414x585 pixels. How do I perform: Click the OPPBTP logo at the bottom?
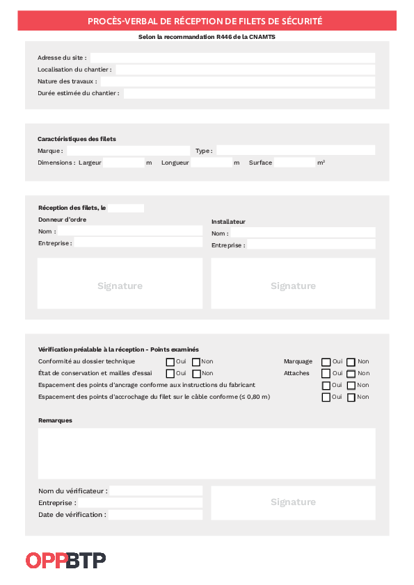[65, 560]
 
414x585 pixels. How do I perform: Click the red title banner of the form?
[207, 22]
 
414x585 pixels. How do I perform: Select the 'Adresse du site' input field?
[232, 58]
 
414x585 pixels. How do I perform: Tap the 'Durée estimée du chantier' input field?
[249, 93]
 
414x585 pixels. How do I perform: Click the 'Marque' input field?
[127, 150]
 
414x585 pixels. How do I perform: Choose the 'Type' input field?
[296, 150]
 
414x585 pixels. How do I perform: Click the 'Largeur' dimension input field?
[123, 163]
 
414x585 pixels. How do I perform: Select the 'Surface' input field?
[294, 163]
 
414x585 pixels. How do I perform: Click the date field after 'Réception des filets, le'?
[126, 208]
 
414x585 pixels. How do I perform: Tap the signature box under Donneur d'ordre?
[120, 284]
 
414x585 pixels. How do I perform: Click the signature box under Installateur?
[293, 284]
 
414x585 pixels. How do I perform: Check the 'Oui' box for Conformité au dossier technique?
[170, 362]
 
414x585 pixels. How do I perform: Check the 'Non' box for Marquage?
[351, 362]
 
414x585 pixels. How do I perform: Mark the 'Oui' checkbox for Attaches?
[326, 374]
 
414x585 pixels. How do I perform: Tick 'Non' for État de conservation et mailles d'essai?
[196, 374]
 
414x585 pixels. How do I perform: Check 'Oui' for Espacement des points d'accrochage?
[326, 397]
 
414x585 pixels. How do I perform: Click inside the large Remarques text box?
[207, 453]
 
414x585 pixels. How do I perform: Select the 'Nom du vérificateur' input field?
[156, 491]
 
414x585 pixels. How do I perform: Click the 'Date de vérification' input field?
[155, 515]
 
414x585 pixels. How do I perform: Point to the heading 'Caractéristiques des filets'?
[77, 139]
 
